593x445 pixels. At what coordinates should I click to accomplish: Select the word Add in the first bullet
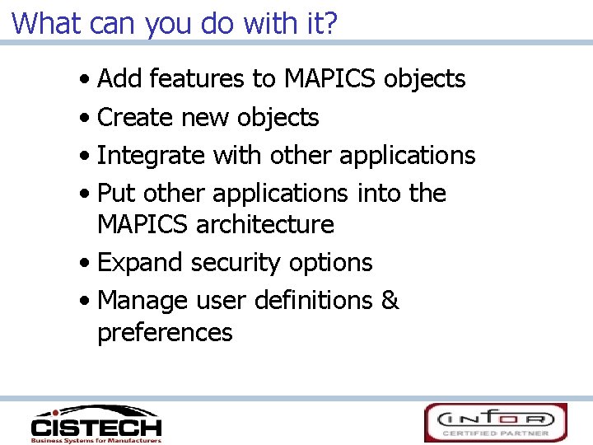(x=119, y=79)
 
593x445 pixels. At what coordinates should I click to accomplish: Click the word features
(x=197, y=79)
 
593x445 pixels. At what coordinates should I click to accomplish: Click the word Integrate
(x=152, y=155)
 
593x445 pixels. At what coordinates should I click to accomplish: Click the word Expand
(x=141, y=262)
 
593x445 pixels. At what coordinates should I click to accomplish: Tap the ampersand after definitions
(x=390, y=300)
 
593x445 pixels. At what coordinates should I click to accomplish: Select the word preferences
(x=165, y=332)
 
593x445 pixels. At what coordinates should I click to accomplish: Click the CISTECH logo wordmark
(x=96, y=427)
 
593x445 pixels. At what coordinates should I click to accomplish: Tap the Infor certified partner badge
(x=496, y=422)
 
